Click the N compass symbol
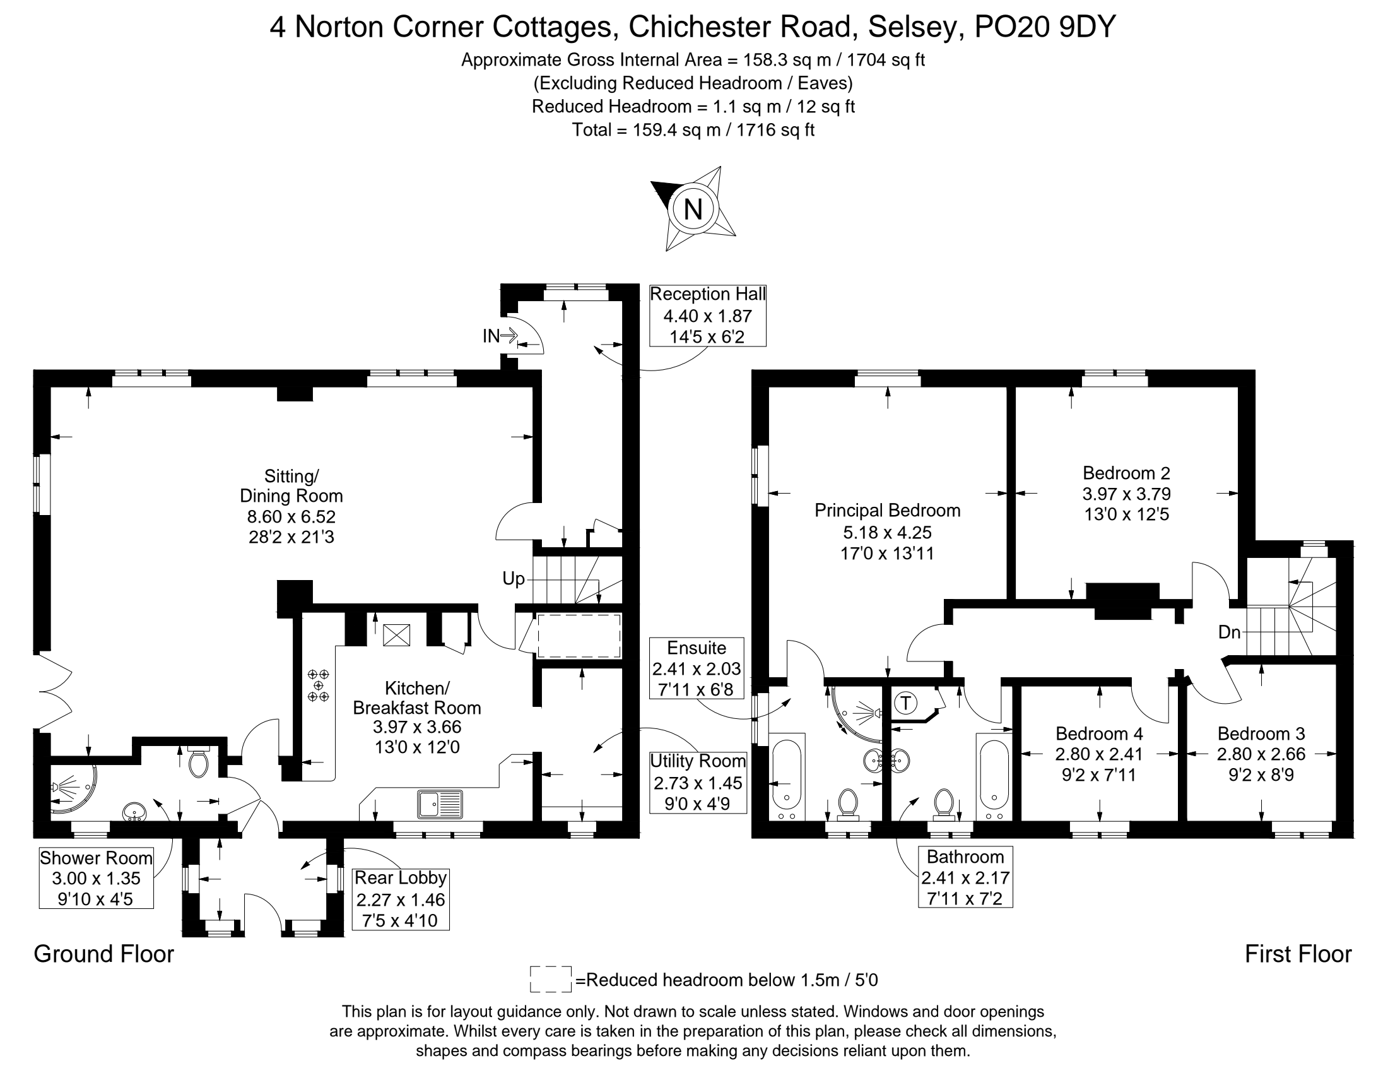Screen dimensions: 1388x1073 click(693, 208)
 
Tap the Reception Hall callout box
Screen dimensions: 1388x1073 click(707, 316)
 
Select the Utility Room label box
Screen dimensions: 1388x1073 click(698, 783)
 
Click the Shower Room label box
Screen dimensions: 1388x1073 click(96, 878)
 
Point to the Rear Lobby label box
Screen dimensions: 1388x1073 click(401, 899)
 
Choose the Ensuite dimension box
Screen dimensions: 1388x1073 click(697, 668)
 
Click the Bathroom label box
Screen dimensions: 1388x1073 click(965, 877)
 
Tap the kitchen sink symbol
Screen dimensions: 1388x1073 click(440, 803)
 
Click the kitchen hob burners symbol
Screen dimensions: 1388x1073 click(319, 685)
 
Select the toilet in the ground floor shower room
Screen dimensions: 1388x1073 click(199, 761)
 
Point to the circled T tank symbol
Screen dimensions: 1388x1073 click(905, 703)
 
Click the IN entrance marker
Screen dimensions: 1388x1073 click(500, 336)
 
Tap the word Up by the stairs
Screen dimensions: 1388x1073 click(514, 578)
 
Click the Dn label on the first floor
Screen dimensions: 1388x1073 click(1229, 632)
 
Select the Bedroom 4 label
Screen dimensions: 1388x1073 click(1100, 733)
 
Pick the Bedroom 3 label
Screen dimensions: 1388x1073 click(1262, 733)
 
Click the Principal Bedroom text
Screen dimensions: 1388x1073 click(887, 511)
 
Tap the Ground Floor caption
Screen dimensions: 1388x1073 click(103, 954)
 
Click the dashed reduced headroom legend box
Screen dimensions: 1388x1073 click(550, 980)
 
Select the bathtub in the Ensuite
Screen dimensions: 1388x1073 click(787, 778)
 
